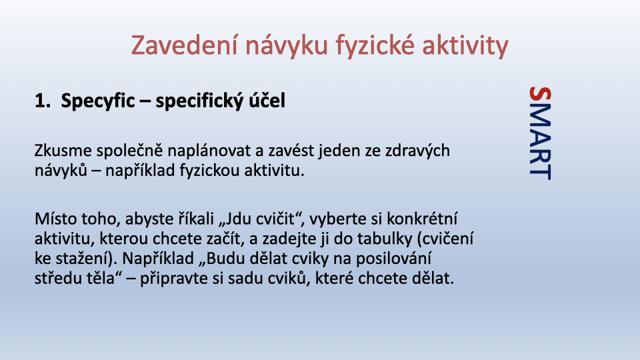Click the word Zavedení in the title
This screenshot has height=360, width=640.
tap(184, 45)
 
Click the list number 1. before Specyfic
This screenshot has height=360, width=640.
tap(43, 101)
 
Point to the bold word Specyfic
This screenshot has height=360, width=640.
tap(97, 101)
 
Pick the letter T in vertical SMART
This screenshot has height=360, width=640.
tap(540, 172)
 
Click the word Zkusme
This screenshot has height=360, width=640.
tap(63, 151)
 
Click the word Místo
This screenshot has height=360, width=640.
tap(56, 219)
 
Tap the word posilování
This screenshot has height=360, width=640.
tap(394, 259)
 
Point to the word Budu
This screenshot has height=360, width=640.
tap(223, 259)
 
